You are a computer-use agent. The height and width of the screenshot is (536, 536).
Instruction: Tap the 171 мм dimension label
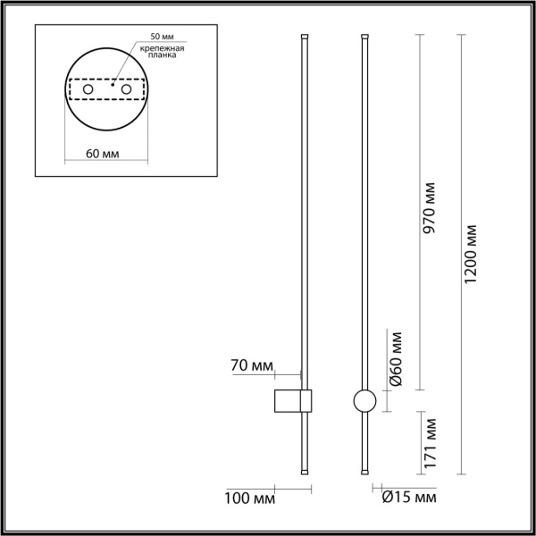click(x=430, y=443)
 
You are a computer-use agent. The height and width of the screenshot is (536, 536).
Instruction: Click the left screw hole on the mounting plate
click(x=88, y=90)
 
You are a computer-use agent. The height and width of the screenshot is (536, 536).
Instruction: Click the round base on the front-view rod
click(x=364, y=401)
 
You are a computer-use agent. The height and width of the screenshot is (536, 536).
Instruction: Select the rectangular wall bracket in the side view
click(x=290, y=401)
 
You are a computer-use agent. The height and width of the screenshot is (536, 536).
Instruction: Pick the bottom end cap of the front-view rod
click(x=364, y=471)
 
